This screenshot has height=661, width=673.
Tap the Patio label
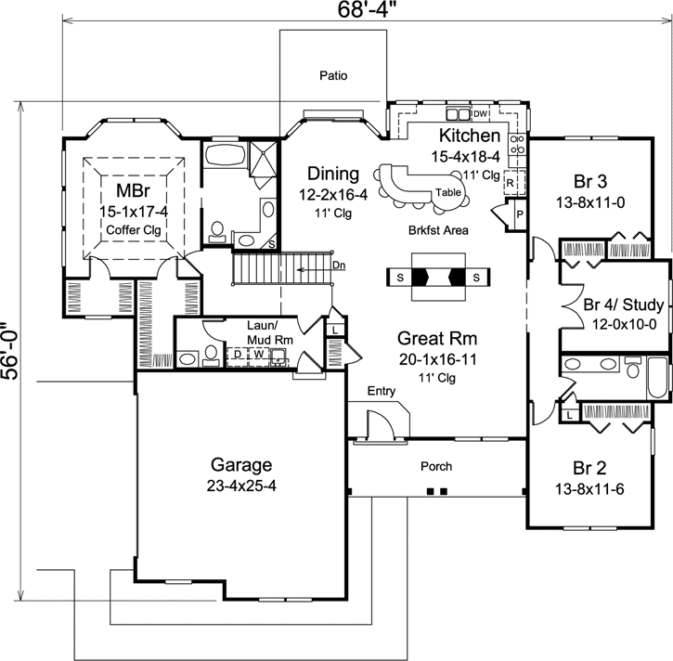(332, 76)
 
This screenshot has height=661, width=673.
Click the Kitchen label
(471, 136)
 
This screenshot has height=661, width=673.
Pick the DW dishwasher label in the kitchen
(481, 114)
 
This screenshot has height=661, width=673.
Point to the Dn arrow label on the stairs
(339, 266)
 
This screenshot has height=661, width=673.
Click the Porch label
(435, 466)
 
